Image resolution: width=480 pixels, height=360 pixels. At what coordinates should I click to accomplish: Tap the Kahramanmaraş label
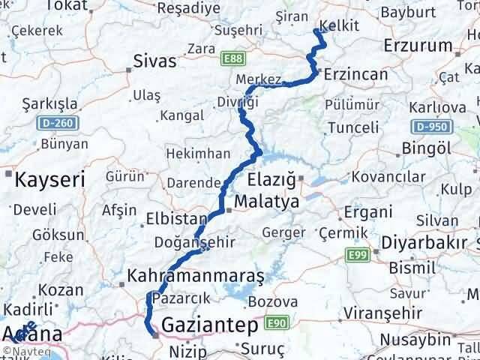tap(196, 276)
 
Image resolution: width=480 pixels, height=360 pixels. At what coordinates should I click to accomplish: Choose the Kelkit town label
tap(339, 25)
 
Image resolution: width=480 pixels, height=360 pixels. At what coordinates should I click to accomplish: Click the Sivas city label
tap(154, 61)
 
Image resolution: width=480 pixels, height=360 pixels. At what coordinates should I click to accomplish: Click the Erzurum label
tap(418, 45)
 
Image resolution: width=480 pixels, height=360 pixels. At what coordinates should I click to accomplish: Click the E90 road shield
tap(276, 323)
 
